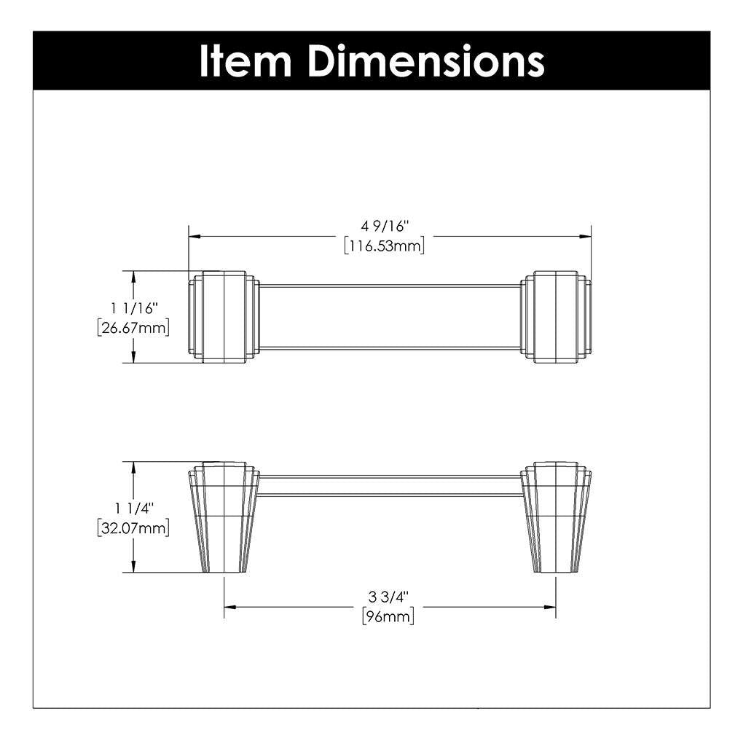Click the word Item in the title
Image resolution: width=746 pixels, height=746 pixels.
click(246, 61)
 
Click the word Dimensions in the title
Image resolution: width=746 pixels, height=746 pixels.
click(425, 61)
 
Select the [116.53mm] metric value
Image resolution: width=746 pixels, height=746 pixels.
click(385, 246)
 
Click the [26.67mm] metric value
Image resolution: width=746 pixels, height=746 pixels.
click(133, 328)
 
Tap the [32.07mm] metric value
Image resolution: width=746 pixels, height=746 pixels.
click(133, 527)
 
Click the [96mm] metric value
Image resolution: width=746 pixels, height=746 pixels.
click(388, 617)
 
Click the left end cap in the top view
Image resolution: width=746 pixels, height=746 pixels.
click(224, 317)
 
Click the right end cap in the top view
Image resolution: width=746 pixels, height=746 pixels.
click(556, 317)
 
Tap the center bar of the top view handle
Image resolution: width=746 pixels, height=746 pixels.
click(390, 317)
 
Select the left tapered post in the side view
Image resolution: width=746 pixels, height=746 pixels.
click(224, 517)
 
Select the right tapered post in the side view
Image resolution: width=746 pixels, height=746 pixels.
click(556, 517)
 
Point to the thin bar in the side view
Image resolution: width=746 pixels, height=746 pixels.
click(390, 486)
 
